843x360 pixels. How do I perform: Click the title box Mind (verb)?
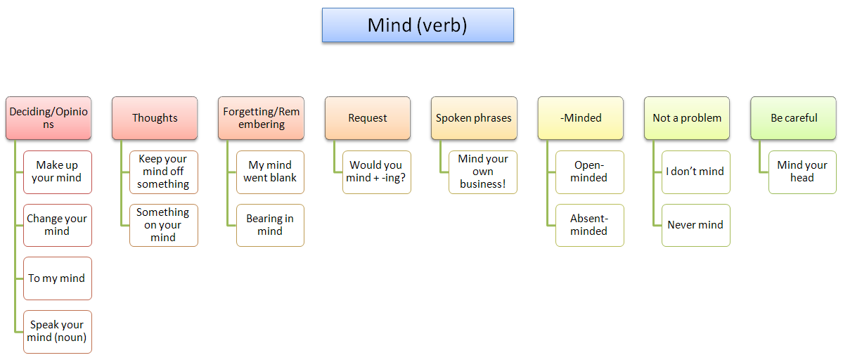(x=418, y=25)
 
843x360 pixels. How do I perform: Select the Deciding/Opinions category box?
(x=49, y=118)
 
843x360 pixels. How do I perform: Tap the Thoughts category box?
(x=155, y=118)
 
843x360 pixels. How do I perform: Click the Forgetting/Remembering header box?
(x=261, y=118)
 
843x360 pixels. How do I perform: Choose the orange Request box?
(x=368, y=118)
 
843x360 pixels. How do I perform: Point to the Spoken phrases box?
(x=474, y=118)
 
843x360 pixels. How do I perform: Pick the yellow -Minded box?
(x=581, y=118)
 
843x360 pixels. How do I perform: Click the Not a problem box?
(x=687, y=118)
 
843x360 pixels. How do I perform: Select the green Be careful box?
(x=793, y=118)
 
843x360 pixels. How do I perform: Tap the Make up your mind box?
(x=58, y=172)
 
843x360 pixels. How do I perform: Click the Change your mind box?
(x=58, y=225)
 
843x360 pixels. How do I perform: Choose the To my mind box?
(x=58, y=278)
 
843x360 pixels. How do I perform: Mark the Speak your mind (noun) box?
(x=58, y=331)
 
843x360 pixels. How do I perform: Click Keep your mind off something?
(x=164, y=172)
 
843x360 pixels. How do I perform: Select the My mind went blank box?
(x=270, y=172)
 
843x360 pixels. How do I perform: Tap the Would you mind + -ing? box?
(x=377, y=172)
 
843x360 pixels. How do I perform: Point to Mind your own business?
(x=483, y=172)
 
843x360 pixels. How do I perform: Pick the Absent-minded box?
(x=589, y=225)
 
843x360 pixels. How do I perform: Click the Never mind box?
(x=696, y=225)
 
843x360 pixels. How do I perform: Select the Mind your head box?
(x=802, y=172)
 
